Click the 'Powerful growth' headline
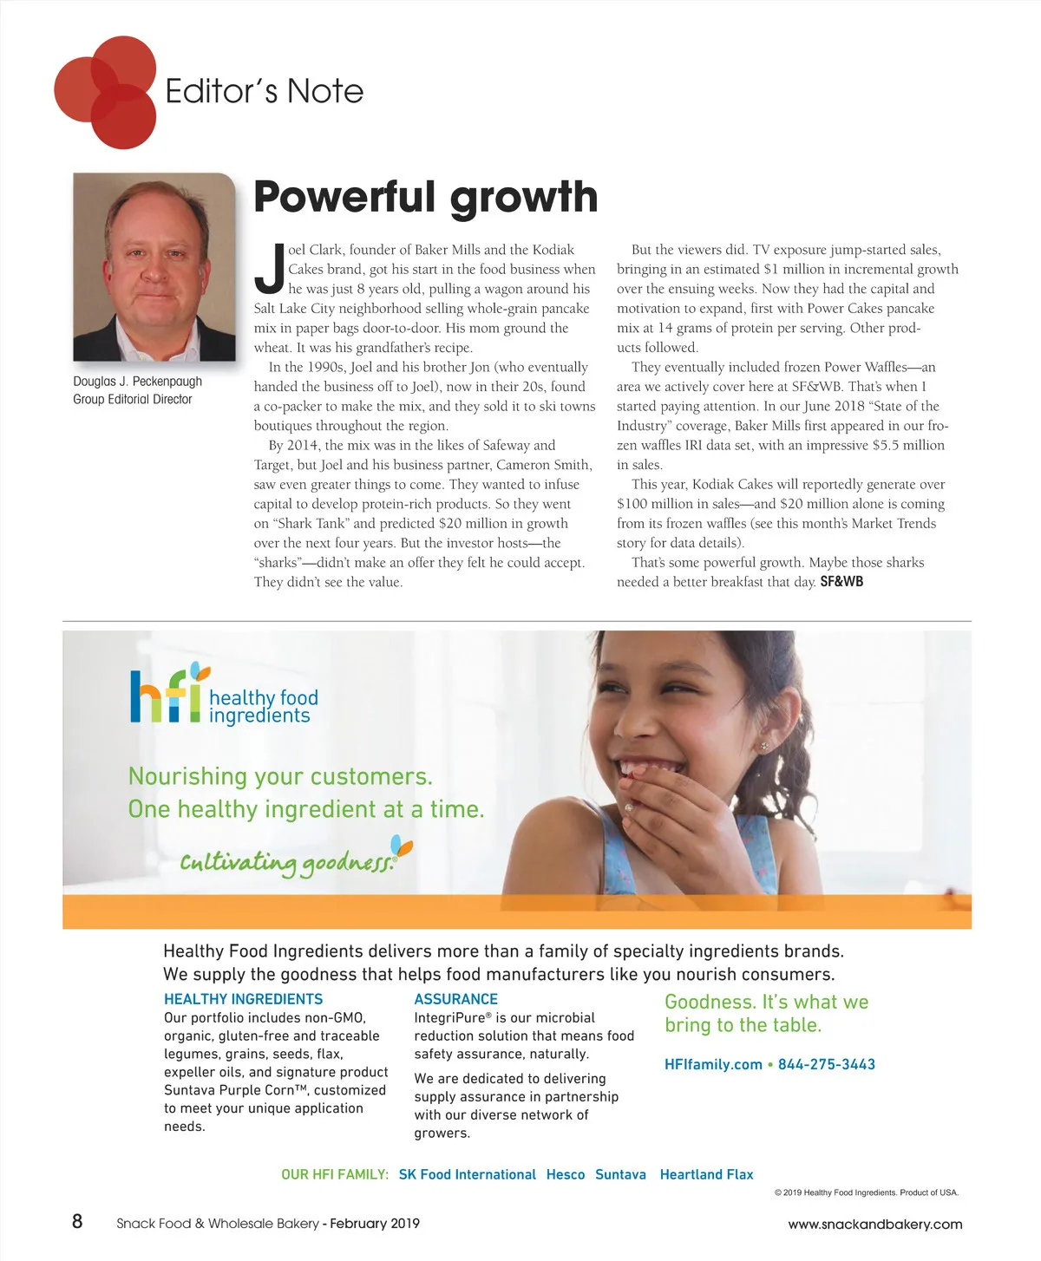(425, 197)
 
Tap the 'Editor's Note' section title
(264, 91)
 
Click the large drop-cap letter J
(270, 268)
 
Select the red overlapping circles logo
(106, 92)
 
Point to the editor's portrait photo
(154, 267)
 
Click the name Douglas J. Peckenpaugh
(137, 382)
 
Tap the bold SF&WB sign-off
(841, 582)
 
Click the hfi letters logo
(167, 696)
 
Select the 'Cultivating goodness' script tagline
(287, 862)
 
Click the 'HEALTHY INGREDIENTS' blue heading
(243, 999)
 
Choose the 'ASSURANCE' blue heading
(455, 999)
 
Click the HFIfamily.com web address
(713, 1064)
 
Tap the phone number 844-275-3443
(826, 1064)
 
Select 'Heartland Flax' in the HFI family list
(706, 1174)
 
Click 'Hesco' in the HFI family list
(566, 1174)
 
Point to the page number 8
(77, 1222)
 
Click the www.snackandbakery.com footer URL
(874, 1225)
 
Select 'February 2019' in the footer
(375, 1224)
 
